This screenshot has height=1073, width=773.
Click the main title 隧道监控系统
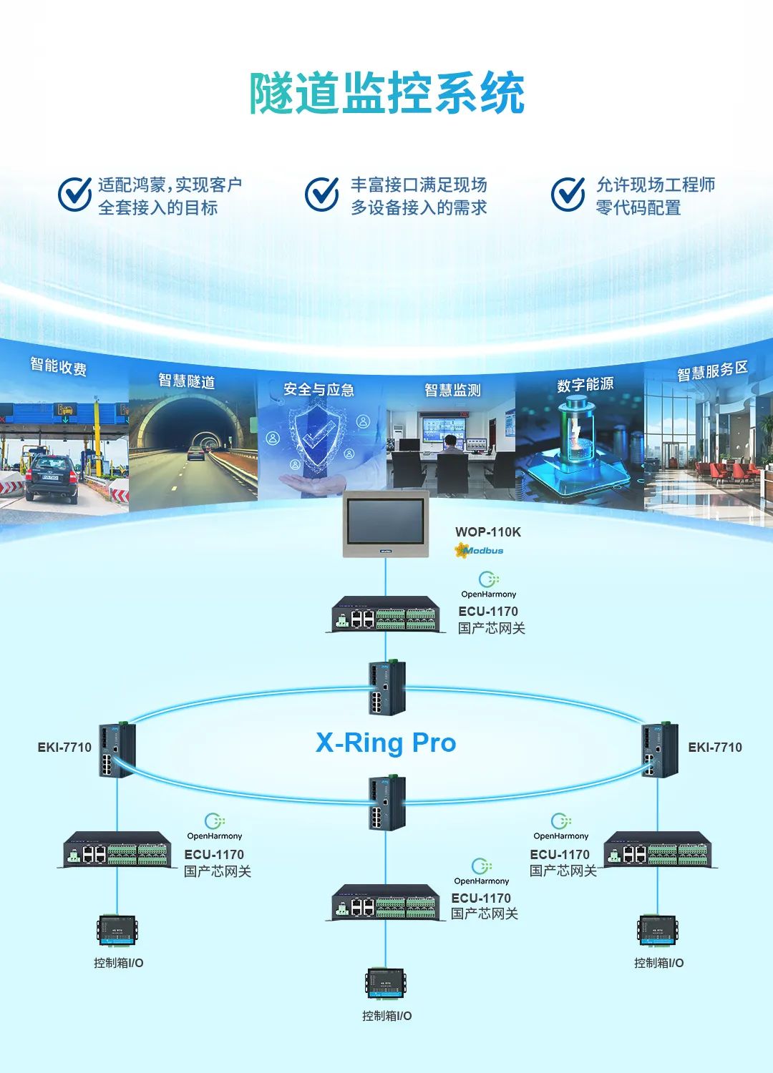(386, 93)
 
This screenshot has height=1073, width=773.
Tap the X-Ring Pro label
(386, 743)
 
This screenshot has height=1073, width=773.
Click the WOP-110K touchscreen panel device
(386, 524)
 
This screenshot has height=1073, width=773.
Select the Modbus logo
(479, 551)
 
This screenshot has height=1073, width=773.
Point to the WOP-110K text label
(488, 531)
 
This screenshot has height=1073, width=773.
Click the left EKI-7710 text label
(64, 748)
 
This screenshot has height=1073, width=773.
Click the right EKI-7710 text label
(715, 748)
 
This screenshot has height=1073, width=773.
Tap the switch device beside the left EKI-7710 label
(117, 750)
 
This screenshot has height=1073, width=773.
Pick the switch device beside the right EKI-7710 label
(659, 750)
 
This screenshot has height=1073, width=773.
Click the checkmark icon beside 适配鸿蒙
(74, 195)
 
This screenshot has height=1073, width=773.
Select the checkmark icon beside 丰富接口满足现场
(322, 195)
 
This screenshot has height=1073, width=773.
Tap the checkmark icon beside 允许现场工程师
(568, 195)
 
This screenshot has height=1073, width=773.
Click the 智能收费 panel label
(59, 367)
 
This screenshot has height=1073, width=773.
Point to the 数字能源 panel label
(585, 384)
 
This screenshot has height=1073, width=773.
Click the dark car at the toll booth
(52, 478)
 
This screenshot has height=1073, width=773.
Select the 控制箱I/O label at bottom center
(386, 1016)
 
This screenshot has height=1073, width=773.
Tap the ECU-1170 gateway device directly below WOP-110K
(386, 614)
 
